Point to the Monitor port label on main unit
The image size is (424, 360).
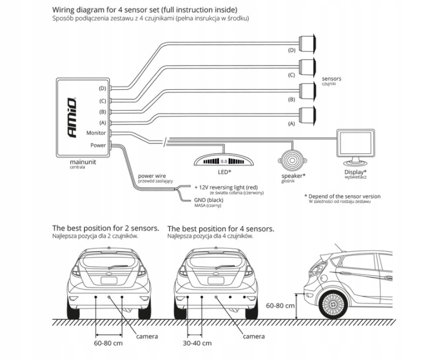[x=96, y=133]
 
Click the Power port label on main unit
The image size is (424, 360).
[x=98, y=146]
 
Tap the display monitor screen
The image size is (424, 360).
[x=356, y=144]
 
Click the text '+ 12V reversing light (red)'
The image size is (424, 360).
[x=226, y=187]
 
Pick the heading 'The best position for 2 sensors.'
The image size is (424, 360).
[x=105, y=228]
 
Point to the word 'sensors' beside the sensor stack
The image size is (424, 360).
[x=331, y=79]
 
